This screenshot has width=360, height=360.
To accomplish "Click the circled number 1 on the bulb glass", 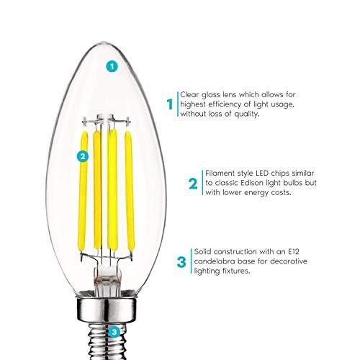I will pos(110,66).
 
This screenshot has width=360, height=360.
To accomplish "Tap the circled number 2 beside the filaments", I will pos(82,156).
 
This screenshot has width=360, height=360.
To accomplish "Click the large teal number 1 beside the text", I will pos(170,104).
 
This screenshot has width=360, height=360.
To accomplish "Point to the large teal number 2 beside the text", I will pos(192,184).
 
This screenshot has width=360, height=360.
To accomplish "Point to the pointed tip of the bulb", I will pos(109,7).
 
